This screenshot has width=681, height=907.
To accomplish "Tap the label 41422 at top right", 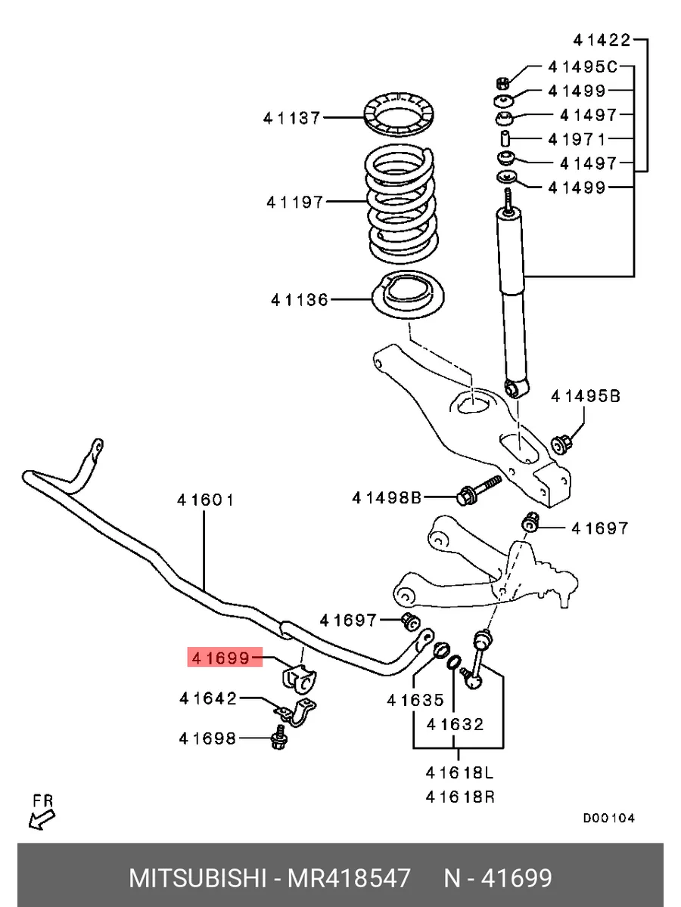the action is coord(602,41).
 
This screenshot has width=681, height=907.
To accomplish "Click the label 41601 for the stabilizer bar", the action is coord(206,500).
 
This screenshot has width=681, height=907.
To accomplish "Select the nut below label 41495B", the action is coord(562,445).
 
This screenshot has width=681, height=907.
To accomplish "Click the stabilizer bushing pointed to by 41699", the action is coord(299,679).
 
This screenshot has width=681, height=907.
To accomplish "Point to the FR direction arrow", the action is coord(42,820).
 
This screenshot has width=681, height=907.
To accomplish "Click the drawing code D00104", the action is coord(608,818).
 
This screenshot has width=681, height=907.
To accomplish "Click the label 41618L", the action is coord(460,772).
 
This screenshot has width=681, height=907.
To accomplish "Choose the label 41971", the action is coord(577,140).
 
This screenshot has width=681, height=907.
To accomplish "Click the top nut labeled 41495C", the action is coord(502,83).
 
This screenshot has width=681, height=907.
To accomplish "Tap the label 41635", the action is coord(415,700).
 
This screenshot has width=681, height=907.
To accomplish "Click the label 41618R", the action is coord(460,797).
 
